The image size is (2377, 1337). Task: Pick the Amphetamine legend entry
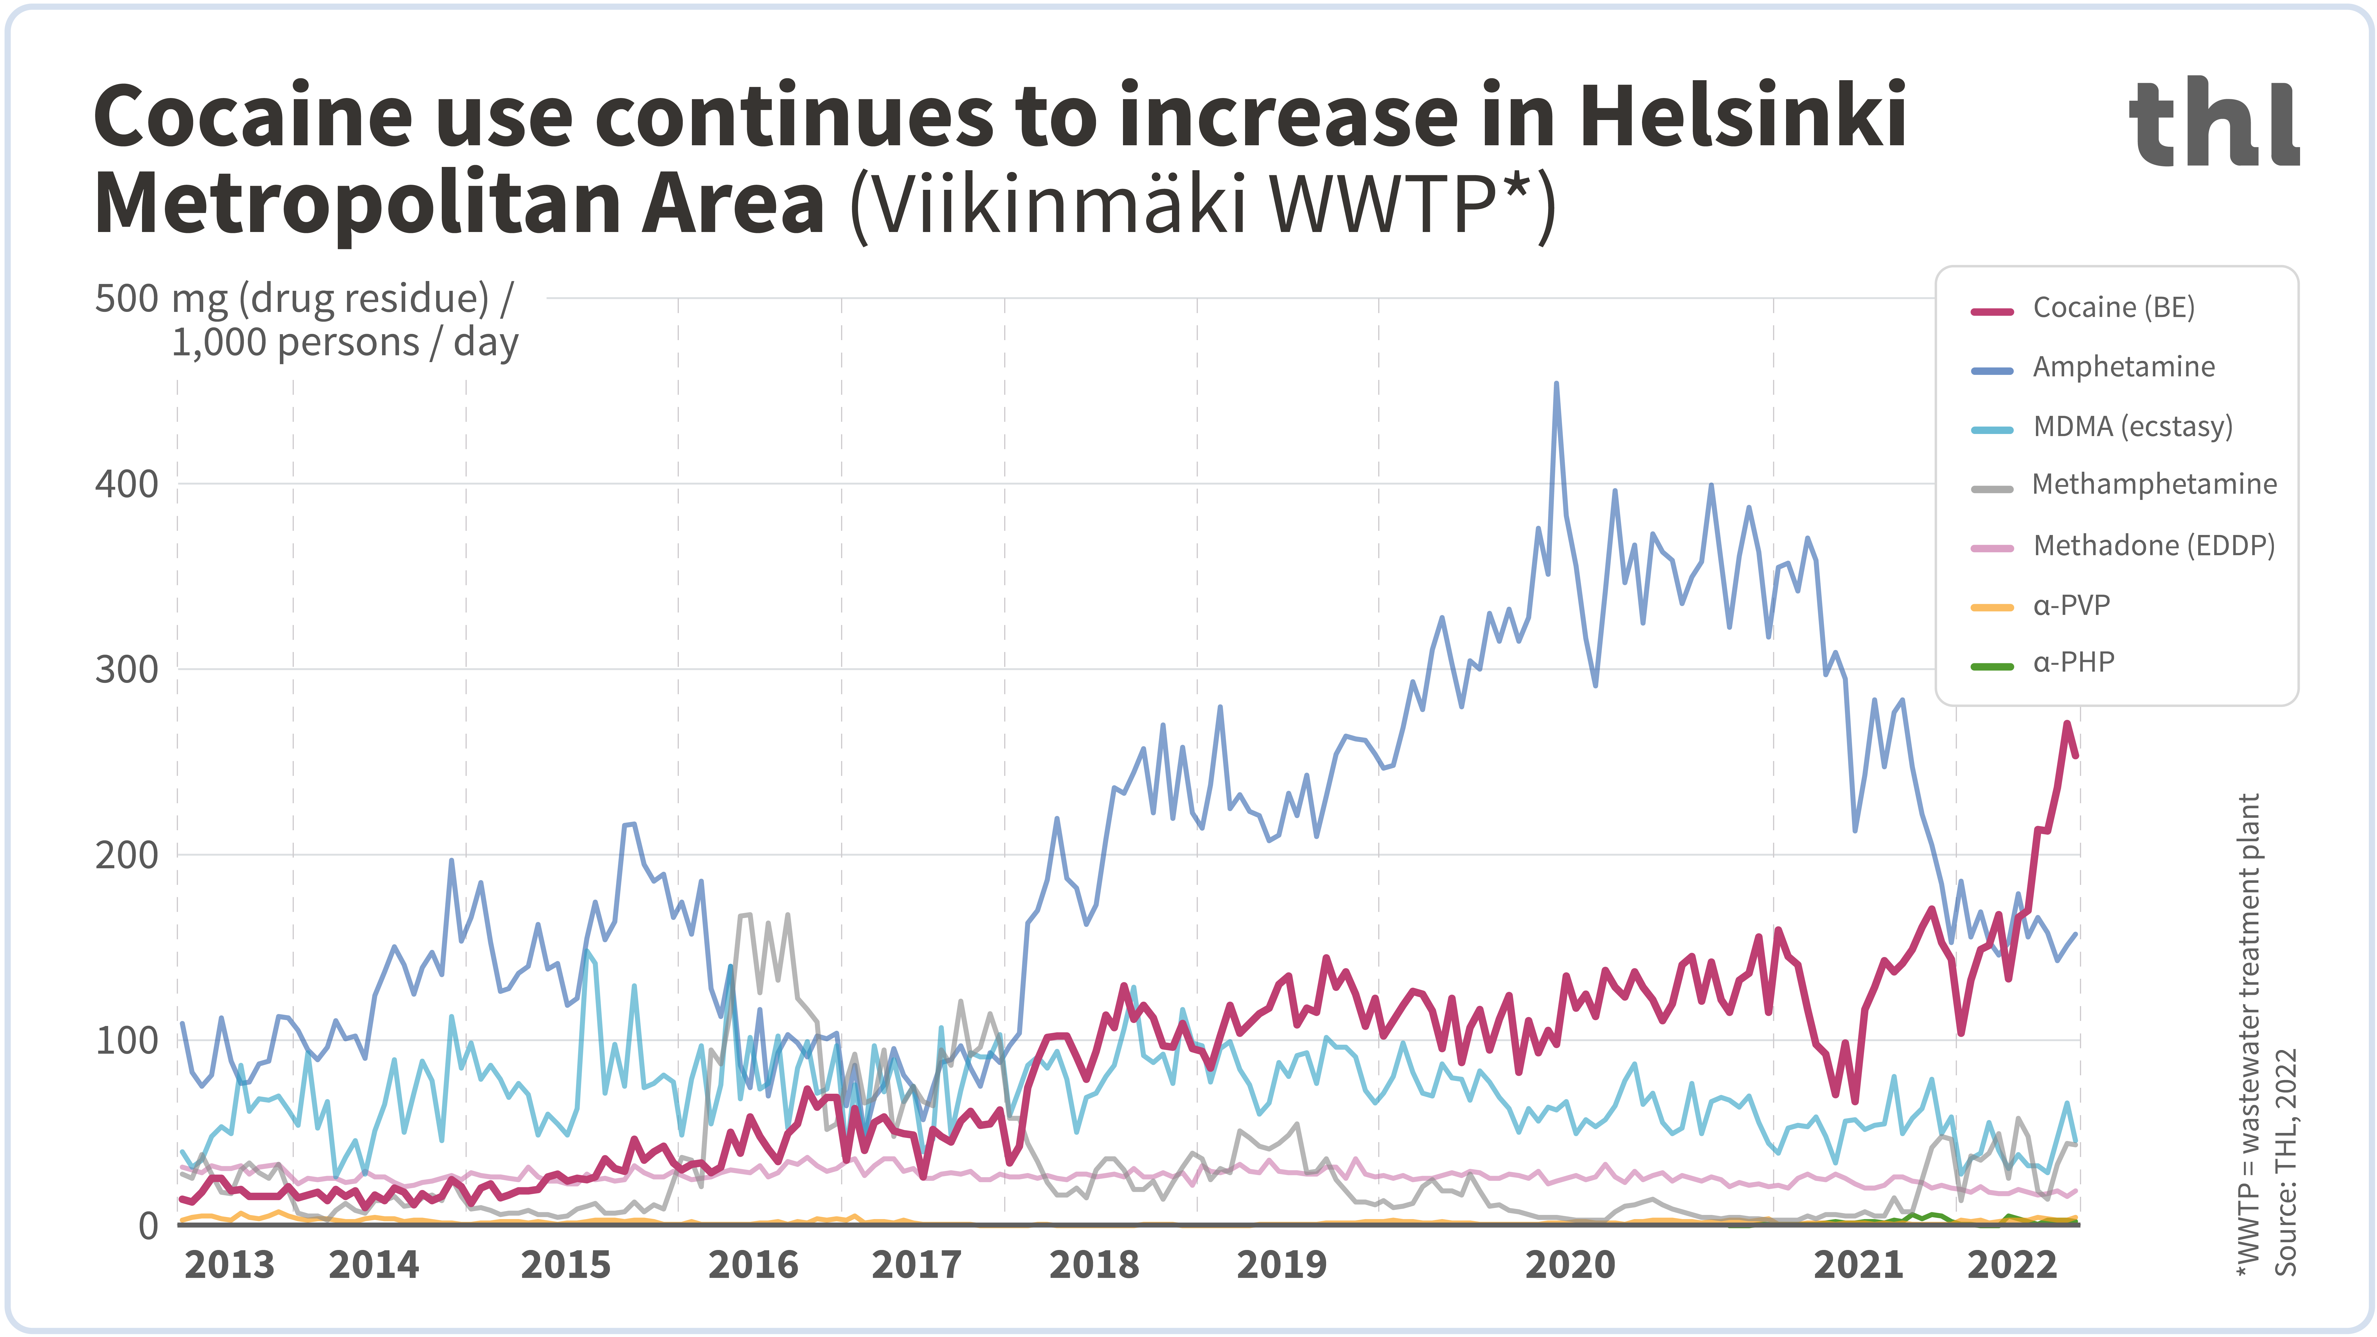2122,367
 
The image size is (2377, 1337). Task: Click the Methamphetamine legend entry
2153,484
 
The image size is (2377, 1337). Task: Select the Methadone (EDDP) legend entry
2153,545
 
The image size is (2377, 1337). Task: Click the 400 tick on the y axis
127,484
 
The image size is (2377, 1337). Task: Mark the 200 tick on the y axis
127,855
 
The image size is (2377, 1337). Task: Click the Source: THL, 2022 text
2285,1163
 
